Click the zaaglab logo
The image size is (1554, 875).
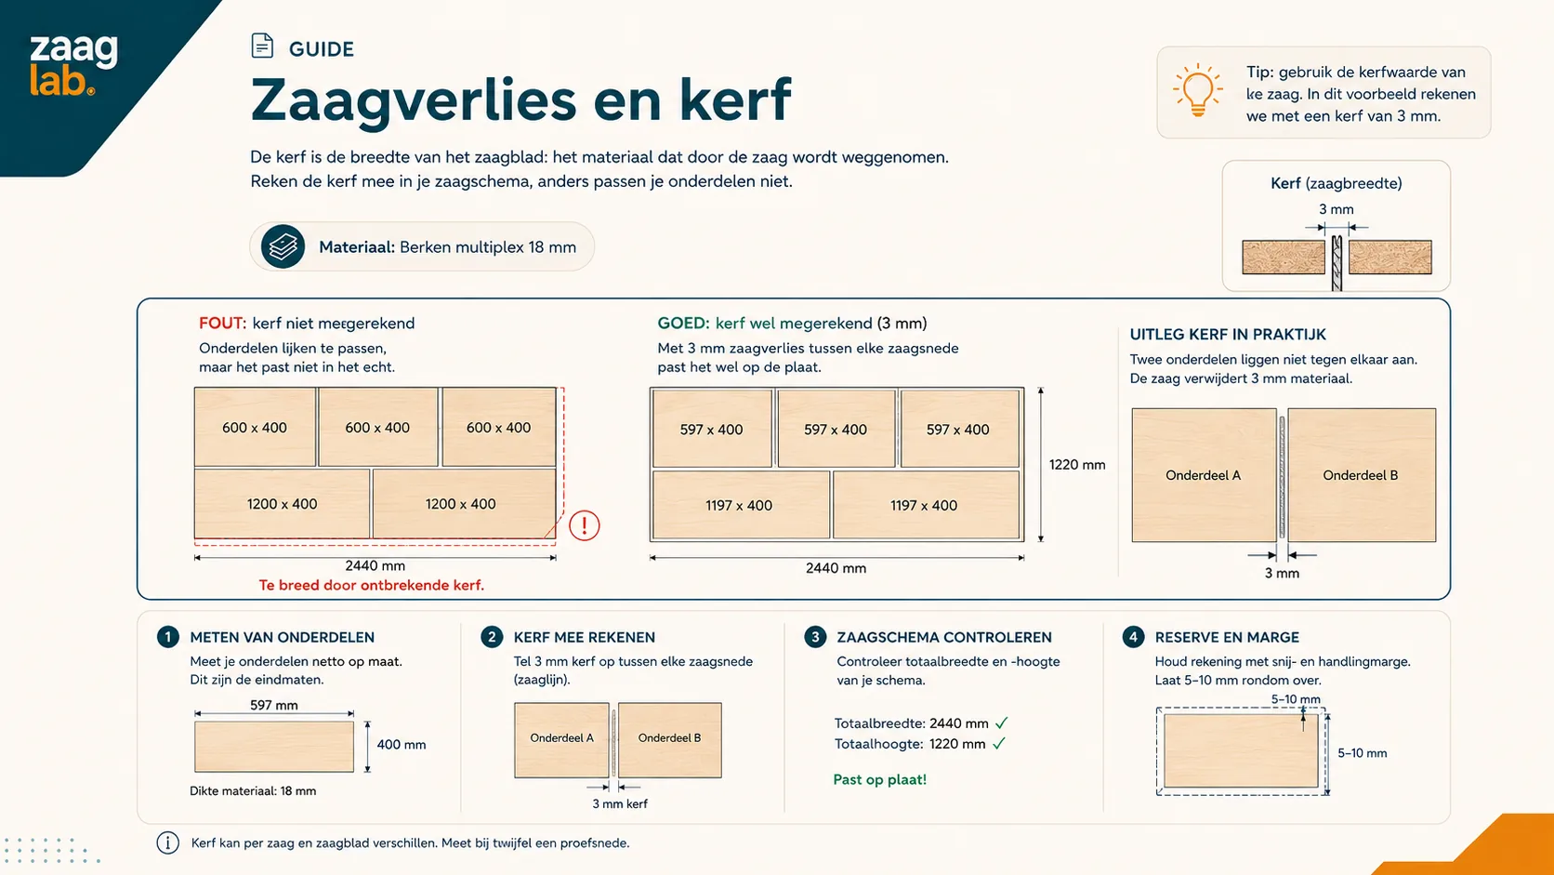click(x=73, y=64)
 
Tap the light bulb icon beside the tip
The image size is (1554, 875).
click(x=1197, y=91)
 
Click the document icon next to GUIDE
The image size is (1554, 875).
click(x=262, y=46)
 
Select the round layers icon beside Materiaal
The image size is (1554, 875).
click(x=283, y=246)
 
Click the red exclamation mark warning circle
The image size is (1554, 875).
click(x=584, y=525)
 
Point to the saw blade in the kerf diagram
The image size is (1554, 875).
click(x=1337, y=263)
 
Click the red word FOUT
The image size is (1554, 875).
click(x=222, y=324)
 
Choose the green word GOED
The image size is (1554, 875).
click(x=682, y=324)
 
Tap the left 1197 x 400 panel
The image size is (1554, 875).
click(x=741, y=505)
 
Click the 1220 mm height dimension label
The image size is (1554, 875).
click(x=1076, y=465)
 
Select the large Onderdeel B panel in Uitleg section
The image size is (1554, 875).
click(x=1362, y=475)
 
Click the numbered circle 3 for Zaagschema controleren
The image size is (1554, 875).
click(x=815, y=637)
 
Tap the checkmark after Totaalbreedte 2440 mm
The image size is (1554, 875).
click(x=1001, y=723)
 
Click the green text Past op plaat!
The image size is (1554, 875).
click(x=879, y=779)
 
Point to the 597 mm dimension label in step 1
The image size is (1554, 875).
click(x=274, y=705)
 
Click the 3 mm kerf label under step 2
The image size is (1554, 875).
click(x=620, y=803)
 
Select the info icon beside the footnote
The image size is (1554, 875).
click(x=168, y=842)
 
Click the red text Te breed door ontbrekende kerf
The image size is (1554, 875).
click(x=371, y=585)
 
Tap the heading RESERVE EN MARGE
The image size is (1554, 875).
click(x=1227, y=637)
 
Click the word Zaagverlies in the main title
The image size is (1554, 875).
click(x=414, y=100)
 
